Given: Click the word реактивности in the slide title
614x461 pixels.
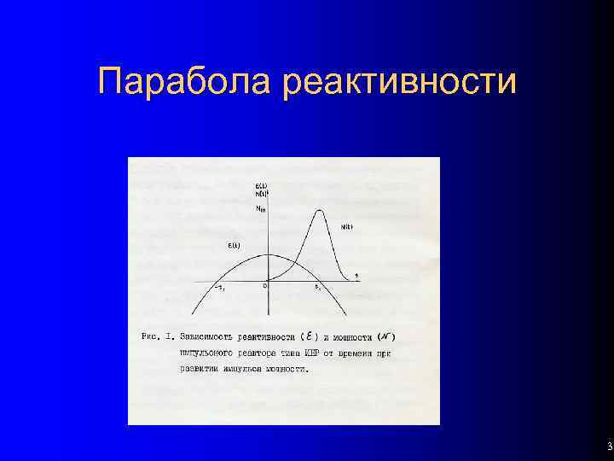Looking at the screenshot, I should point(398,83).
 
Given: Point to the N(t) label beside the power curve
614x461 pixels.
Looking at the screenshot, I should point(346,226).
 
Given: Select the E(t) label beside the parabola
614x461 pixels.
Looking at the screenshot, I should point(235,246).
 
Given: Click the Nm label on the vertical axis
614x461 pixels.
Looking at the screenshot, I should point(260,210).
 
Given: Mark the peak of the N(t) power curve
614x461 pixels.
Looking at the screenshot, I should point(321,210).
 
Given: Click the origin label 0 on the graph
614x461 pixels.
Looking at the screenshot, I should point(264,287).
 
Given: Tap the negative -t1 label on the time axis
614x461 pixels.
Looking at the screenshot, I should point(219,288).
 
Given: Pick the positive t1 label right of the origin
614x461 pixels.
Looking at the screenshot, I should point(317,288).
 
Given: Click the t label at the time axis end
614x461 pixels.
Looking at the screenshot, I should point(356,273).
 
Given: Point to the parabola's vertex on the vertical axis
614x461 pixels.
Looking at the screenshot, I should point(269,254).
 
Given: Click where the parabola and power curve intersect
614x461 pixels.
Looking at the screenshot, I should point(292,260).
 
